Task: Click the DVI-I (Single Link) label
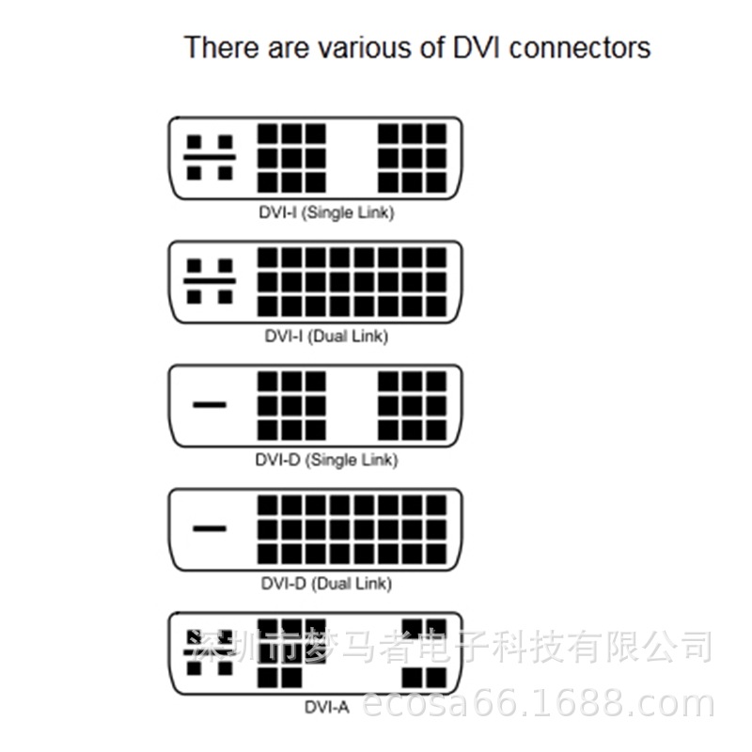(x=326, y=212)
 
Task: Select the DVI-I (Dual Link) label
(x=326, y=336)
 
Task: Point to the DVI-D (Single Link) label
(x=326, y=460)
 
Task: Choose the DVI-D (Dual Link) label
(x=326, y=584)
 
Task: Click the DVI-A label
(x=326, y=707)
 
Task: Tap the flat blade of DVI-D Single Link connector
(x=210, y=405)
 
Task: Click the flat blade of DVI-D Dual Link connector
(x=210, y=528)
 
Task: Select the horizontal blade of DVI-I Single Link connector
(x=210, y=157)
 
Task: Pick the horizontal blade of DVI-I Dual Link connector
(x=210, y=281)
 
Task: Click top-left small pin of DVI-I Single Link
(x=195, y=142)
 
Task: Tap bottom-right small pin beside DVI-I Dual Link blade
(x=225, y=297)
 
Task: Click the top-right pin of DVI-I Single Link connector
(x=435, y=133)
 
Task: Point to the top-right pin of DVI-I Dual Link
(x=435, y=258)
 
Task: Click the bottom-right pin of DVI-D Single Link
(x=435, y=430)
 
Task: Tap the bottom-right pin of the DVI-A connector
(x=435, y=678)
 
